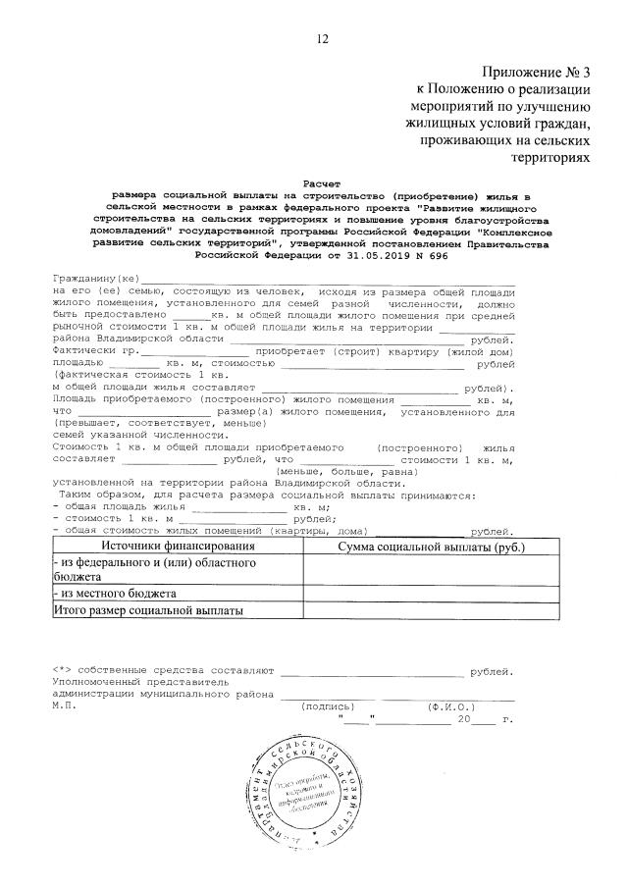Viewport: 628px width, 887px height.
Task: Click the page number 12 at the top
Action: click(x=322, y=38)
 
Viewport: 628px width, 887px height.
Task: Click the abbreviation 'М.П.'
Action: click(x=64, y=706)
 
